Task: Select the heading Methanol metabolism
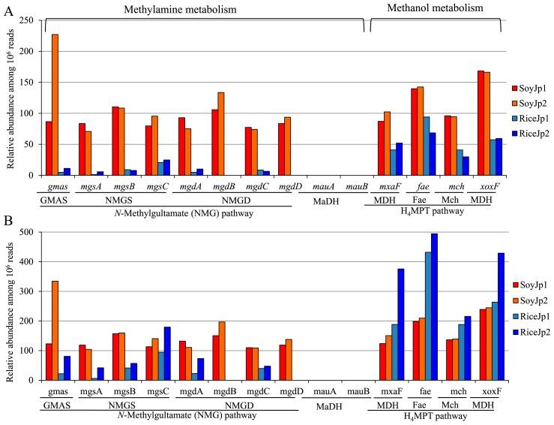[x=436, y=8]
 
